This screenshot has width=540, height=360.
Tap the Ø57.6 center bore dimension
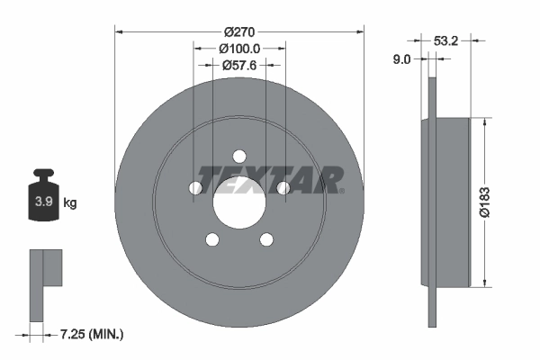point(239,65)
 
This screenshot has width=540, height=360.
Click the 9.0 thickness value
point(402,59)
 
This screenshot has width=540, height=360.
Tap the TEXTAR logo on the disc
point(269,180)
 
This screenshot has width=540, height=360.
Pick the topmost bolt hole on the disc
point(239,155)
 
